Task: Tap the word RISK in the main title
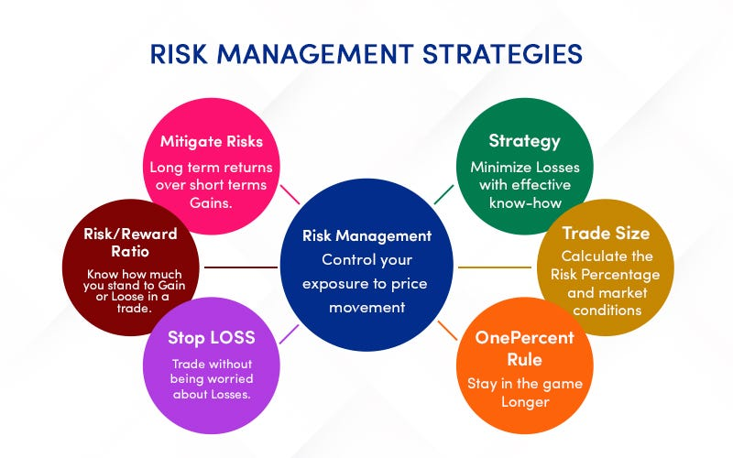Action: pos(183,54)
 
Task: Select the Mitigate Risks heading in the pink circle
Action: pos(211,142)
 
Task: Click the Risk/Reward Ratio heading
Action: pos(130,242)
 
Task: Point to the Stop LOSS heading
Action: pos(211,337)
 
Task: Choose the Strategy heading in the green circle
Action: pos(524,141)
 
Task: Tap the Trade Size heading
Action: pos(605,234)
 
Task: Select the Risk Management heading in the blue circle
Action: pos(366,235)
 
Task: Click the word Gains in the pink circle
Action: pos(211,202)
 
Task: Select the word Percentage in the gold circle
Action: pos(629,275)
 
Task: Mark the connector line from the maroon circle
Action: pos(240,267)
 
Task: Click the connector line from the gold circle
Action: pos(496,267)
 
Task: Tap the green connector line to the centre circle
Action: pos(443,193)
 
